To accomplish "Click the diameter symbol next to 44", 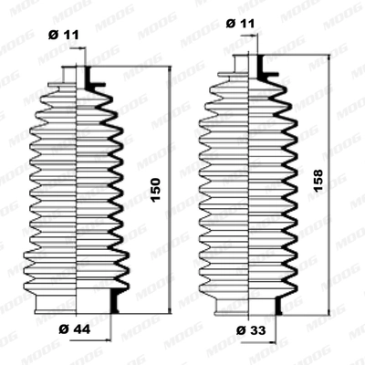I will point(61,327).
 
